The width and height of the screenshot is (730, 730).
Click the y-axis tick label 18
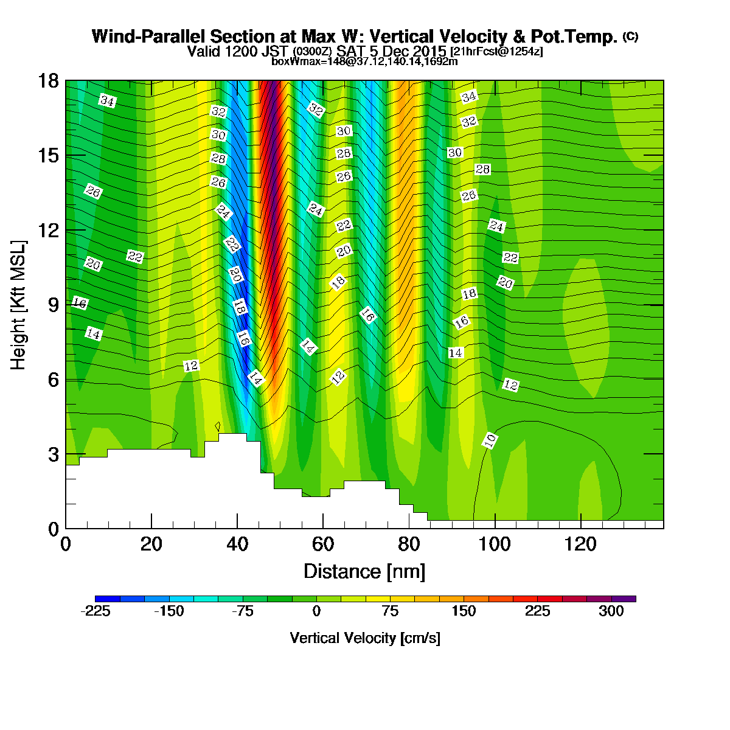pyautogui.click(x=49, y=81)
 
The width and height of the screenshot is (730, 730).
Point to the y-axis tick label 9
pyautogui.click(x=54, y=305)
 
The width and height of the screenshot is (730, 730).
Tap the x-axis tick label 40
pyautogui.click(x=237, y=544)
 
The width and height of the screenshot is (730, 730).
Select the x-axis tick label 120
pyautogui.click(x=580, y=544)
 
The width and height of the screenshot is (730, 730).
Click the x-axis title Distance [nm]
pyautogui.click(x=364, y=571)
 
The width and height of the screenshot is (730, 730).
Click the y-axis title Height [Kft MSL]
pyautogui.click(x=18, y=305)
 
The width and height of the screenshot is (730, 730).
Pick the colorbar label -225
pyautogui.click(x=96, y=611)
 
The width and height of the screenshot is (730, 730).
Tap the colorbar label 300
pyautogui.click(x=611, y=611)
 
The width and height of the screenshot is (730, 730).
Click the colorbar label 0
pyautogui.click(x=316, y=611)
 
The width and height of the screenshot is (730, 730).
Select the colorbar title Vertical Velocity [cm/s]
pyautogui.click(x=365, y=638)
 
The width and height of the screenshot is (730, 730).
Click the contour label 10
pyautogui.click(x=490, y=440)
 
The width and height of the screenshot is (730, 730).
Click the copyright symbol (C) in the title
pyautogui.click(x=631, y=36)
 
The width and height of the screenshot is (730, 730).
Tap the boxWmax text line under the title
pyautogui.click(x=364, y=61)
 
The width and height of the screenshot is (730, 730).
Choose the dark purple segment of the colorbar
pyautogui.click(x=624, y=599)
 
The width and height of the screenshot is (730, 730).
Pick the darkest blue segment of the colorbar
pyautogui.click(x=108, y=599)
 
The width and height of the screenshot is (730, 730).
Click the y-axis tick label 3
pyautogui.click(x=54, y=454)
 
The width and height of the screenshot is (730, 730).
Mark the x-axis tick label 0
pyautogui.click(x=66, y=544)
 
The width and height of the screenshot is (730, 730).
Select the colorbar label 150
pyautogui.click(x=464, y=611)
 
